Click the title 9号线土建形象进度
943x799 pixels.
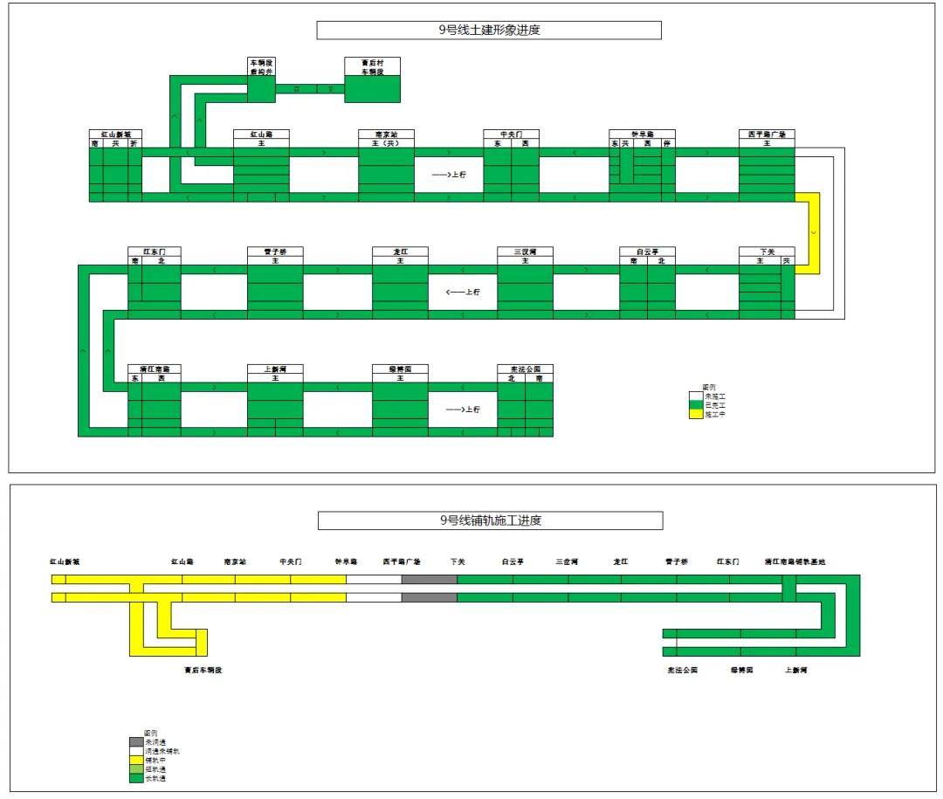tap(489, 30)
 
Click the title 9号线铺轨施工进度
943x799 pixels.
tap(490, 520)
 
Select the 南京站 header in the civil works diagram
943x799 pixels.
tap(386, 134)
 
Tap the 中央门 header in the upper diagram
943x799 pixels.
tap(512, 134)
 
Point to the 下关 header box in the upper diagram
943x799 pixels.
tap(767, 251)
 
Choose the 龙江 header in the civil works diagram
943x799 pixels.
tap(400, 251)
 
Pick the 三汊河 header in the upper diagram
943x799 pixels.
tap(525, 251)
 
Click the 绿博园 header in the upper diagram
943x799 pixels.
tap(400, 369)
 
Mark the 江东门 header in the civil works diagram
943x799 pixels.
tap(154, 251)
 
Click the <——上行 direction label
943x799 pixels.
tap(463, 292)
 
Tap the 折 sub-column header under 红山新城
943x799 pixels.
tap(134, 143)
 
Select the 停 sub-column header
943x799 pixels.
tap(668, 143)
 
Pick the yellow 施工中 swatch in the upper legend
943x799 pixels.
tap(696, 415)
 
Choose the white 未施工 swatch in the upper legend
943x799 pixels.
tap(696, 396)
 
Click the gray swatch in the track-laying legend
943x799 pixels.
tap(135, 741)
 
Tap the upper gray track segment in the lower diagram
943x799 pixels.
tap(429, 579)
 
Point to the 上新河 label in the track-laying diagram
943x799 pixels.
tap(795, 671)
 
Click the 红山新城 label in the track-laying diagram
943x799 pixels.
tap(65, 561)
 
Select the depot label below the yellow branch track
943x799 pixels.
tap(203, 671)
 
